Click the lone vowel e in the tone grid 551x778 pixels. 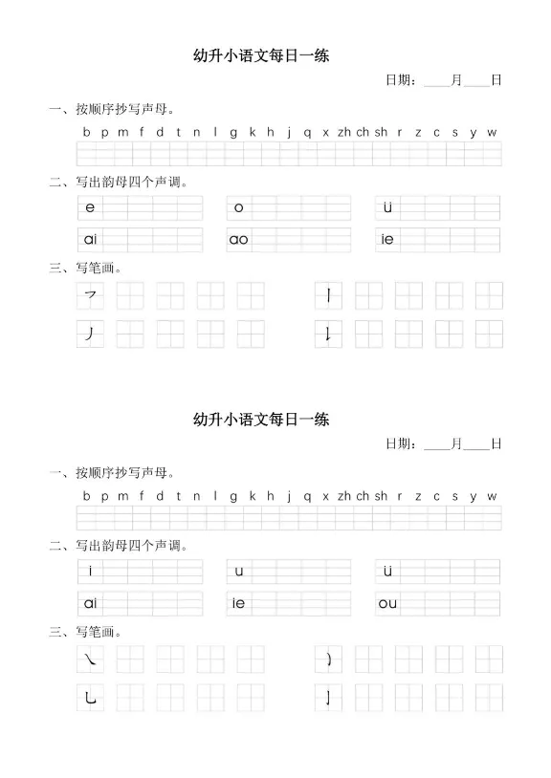(x=90, y=207)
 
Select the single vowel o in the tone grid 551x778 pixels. (x=239, y=207)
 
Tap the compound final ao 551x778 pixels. (x=239, y=240)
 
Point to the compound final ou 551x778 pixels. (x=387, y=603)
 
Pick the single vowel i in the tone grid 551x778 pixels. (x=90, y=572)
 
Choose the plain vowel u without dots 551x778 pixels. (x=239, y=572)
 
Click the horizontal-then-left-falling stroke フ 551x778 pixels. (x=91, y=296)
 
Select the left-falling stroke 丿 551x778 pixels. (x=90, y=334)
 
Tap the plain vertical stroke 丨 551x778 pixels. (x=329, y=296)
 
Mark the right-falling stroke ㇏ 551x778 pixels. (x=90, y=659)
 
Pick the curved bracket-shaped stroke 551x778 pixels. (x=329, y=659)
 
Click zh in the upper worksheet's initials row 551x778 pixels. (x=344, y=133)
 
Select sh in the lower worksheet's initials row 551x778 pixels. (x=381, y=496)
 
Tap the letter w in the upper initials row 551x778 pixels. (x=492, y=133)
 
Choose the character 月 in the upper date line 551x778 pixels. (x=456, y=80)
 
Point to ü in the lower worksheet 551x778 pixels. (x=387, y=572)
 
